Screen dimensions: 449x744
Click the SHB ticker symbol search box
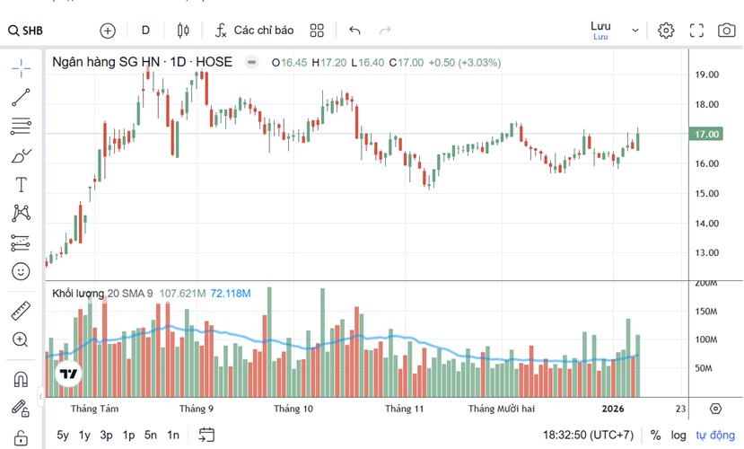click(27, 31)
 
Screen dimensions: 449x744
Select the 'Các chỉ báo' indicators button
click(255, 31)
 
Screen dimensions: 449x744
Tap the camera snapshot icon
click(726, 31)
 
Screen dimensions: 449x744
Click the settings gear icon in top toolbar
click(665, 31)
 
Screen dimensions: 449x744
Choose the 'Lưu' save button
click(600, 26)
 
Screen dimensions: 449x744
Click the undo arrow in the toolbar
click(354, 31)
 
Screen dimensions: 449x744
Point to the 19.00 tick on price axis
click(707, 75)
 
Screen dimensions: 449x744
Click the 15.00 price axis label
click(707, 193)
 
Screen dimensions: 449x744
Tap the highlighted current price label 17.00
click(708, 134)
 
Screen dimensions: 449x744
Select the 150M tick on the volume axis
click(707, 312)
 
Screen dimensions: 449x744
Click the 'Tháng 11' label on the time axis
click(404, 409)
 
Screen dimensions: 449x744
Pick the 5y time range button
click(63, 436)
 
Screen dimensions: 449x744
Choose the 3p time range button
click(106, 436)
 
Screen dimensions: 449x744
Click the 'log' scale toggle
click(679, 436)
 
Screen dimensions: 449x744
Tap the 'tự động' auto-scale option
click(715, 436)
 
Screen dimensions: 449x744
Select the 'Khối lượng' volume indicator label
click(77, 294)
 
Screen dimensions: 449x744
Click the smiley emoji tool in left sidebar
click(21, 270)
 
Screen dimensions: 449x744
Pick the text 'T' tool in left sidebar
click(21, 185)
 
